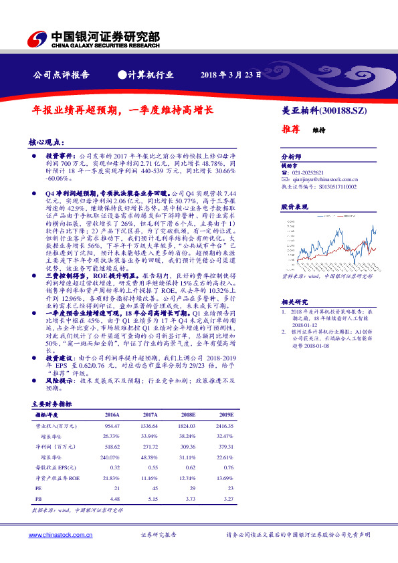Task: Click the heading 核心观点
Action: [46, 142]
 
